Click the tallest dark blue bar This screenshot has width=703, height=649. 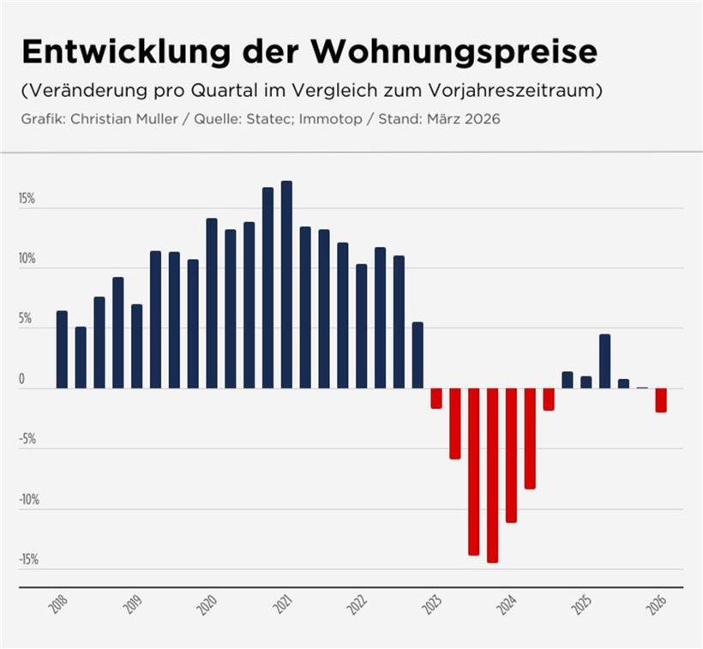(x=286, y=284)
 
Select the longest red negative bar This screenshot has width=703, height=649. (x=492, y=475)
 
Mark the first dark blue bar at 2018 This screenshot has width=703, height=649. (x=62, y=349)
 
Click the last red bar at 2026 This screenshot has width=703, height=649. (x=661, y=400)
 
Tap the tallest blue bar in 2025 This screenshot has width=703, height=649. (x=604, y=361)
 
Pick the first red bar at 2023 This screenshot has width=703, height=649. (x=436, y=398)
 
